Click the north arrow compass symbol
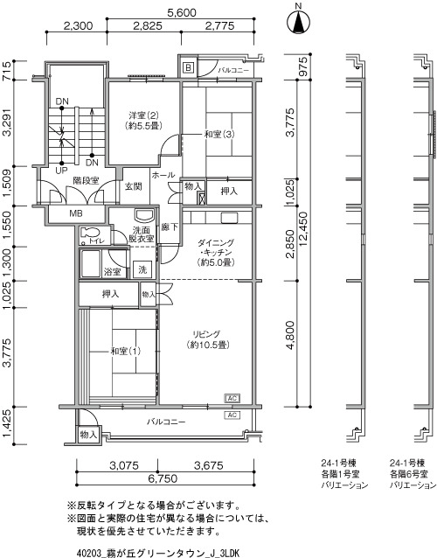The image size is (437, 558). point(298,22)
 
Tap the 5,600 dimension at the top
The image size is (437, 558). point(181,13)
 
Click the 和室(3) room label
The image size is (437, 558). point(219,135)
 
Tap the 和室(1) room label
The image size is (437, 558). point(126,352)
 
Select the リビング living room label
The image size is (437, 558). point(206,334)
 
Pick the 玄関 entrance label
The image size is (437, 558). point(134,186)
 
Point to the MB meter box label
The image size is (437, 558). point(76,213)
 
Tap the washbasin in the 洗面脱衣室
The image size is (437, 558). point(144,216)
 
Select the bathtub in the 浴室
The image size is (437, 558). point(90,264)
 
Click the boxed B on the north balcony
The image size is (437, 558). point(189,67)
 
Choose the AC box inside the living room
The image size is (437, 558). point(232,398)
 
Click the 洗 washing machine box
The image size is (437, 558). point(142,269)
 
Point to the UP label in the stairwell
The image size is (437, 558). point(61,171)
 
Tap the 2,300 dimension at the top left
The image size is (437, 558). point(78,26)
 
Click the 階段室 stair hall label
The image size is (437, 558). point(86,181)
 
